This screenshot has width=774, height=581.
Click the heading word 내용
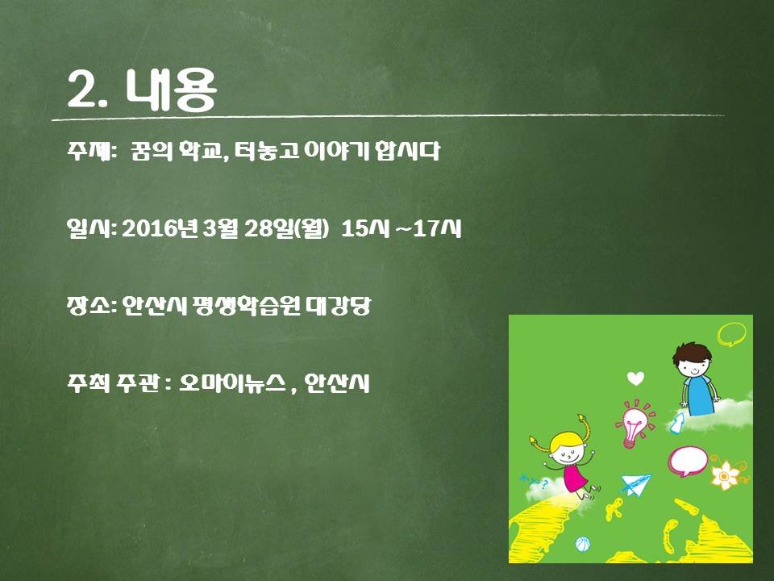(171, 90)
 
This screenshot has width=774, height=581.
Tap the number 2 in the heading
(82, 90)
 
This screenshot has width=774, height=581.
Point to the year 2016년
(160, 228)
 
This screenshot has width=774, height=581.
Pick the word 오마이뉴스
(232, 383)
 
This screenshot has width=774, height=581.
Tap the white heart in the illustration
(635, 378)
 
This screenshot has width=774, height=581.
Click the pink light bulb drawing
(635, 424)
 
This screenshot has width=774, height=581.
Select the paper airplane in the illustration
(636, 483)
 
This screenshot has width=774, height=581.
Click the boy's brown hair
(692, 353)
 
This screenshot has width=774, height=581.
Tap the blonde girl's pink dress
(575, 477)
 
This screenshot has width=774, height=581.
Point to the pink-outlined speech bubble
(688, 461)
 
